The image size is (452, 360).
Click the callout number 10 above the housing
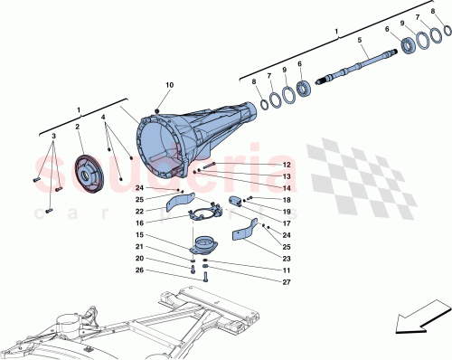168,85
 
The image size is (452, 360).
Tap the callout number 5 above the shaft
359,40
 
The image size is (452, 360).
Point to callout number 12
261,164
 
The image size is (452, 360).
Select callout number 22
140,211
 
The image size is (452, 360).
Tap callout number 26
140,269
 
